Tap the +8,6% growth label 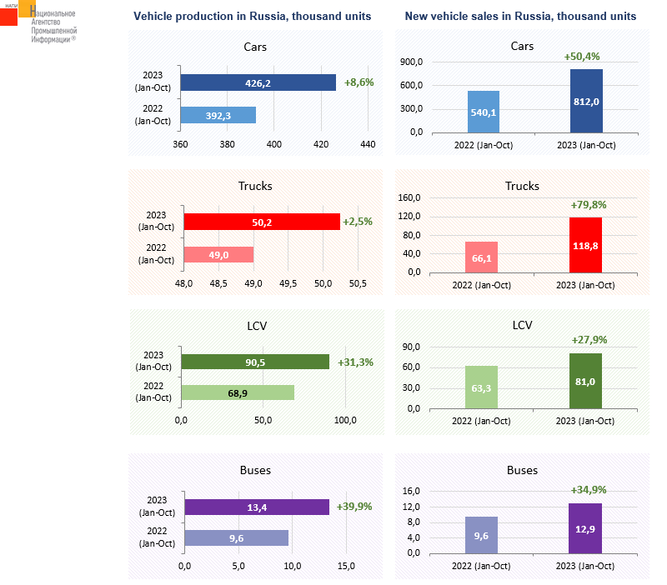[x=359, y=82]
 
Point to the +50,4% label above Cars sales [x=582, y=57]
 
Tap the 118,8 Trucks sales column [x=585, y=245]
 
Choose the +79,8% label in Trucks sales [x=589, y=204]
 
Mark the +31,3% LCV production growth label [x=355, y=362]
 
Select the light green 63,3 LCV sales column [x=481, y=387]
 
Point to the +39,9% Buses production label [x=354, y=506]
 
